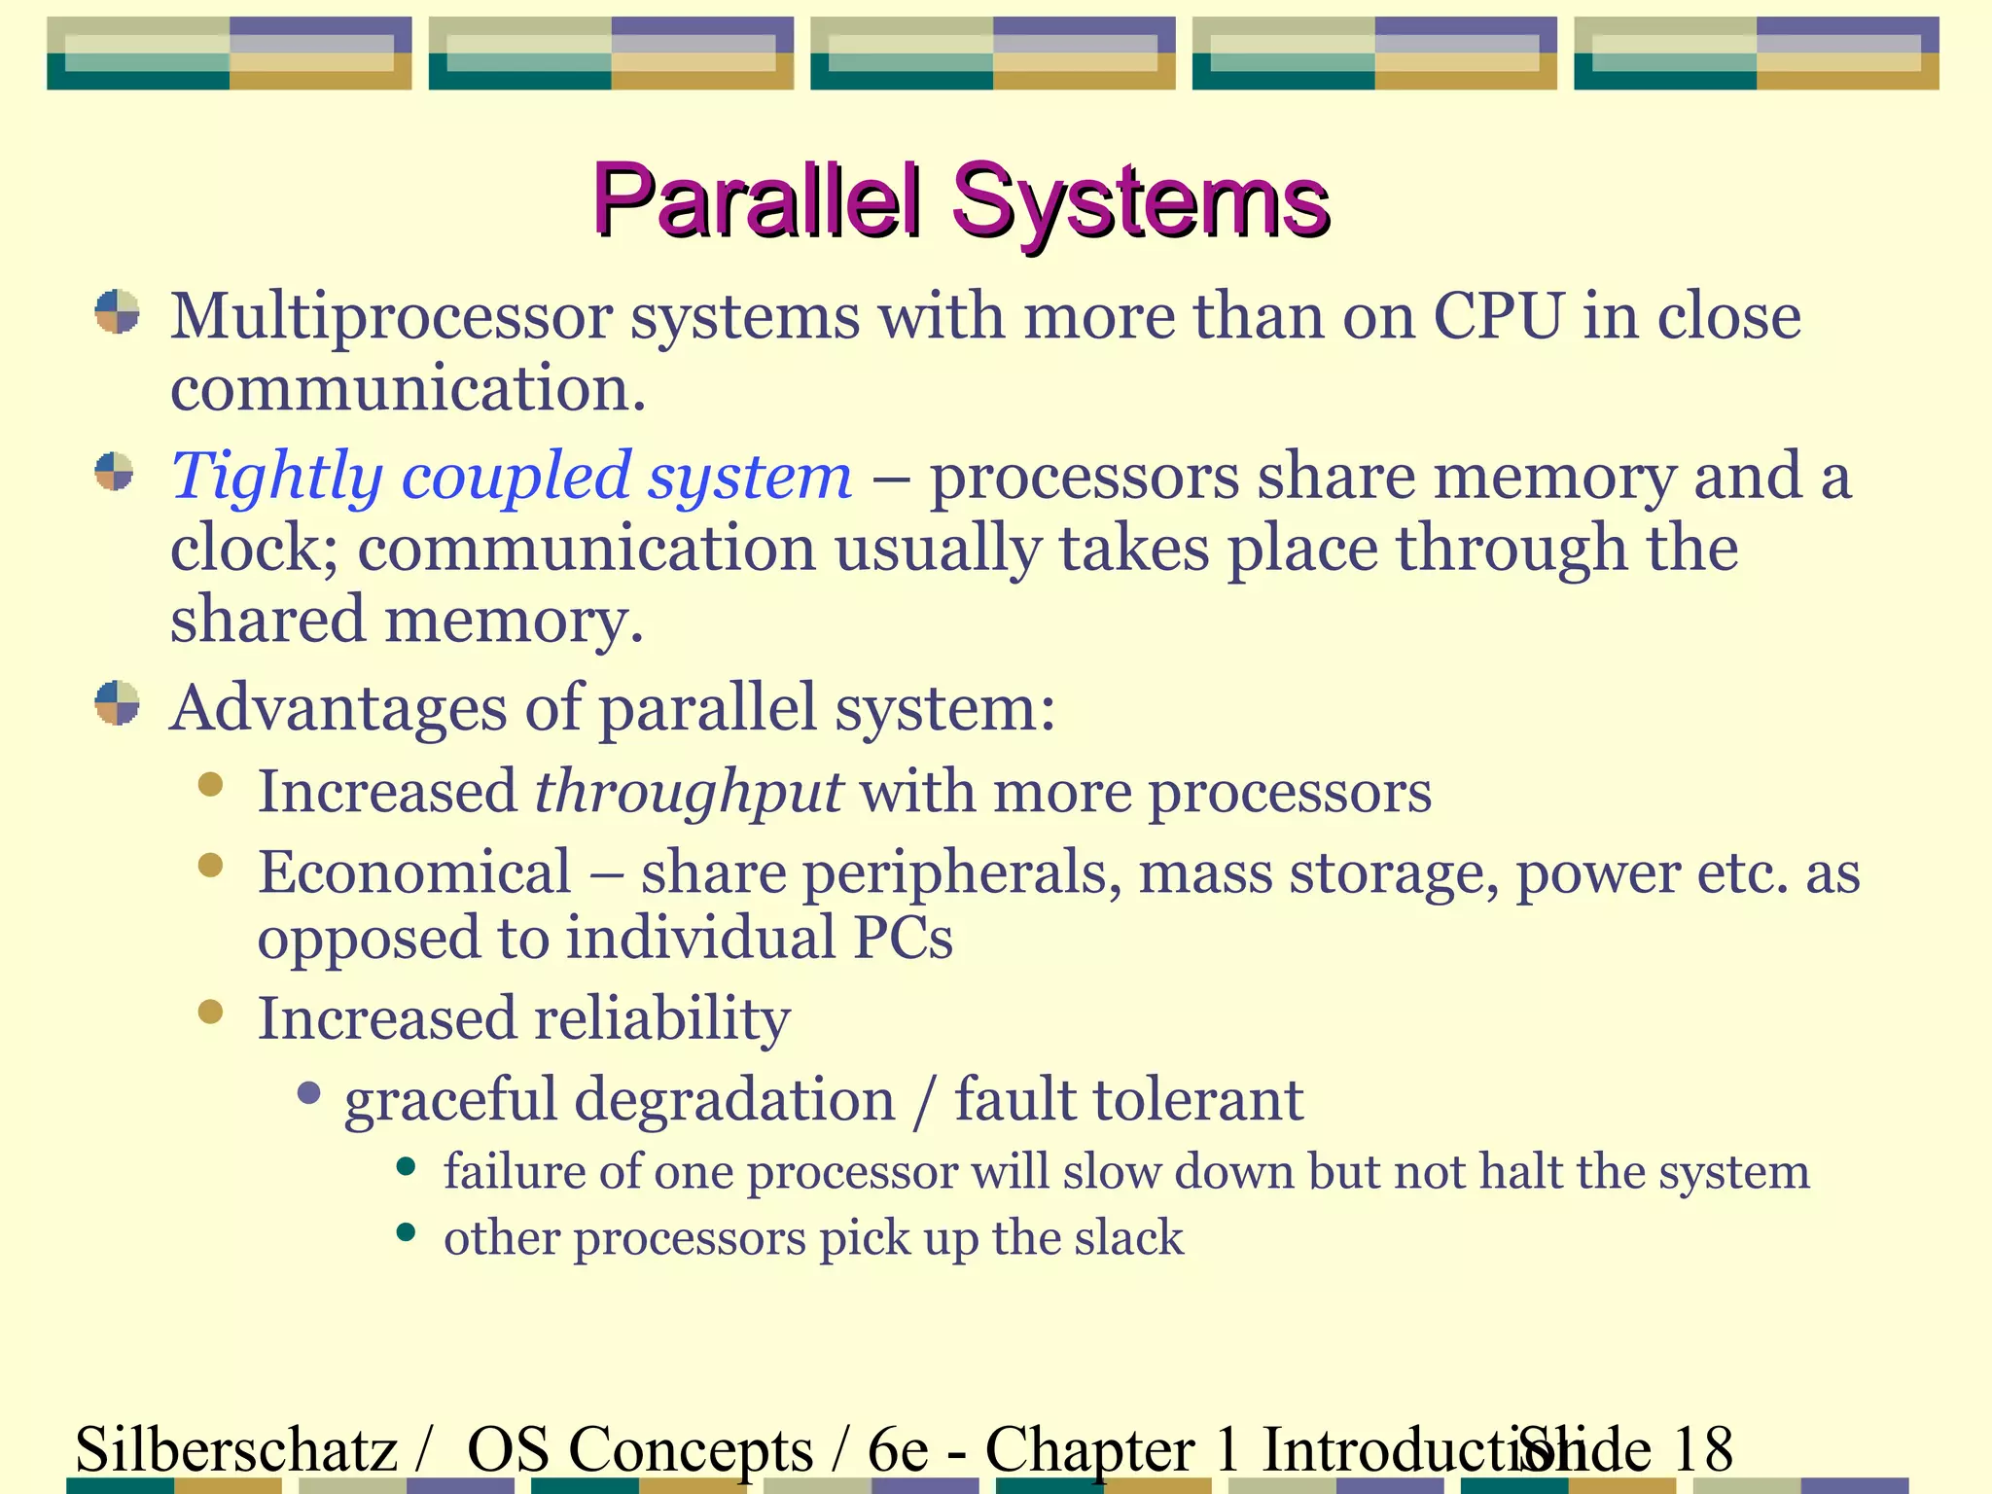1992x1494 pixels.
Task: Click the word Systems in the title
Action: coord(1140,201)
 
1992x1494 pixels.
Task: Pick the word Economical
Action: coord(414,871)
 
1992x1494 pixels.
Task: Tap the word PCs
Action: coord(904,938)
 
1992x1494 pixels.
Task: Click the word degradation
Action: coord(733,1100)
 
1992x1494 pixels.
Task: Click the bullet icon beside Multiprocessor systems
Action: coord(117,312)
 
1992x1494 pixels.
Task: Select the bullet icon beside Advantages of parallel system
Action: coord(117,702)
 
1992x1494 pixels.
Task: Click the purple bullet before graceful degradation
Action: coord(309,1094)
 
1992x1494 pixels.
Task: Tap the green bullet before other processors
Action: coord(407,1233)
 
